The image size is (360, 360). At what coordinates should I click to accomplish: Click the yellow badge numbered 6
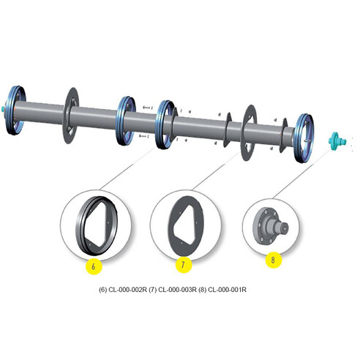coord(94,266)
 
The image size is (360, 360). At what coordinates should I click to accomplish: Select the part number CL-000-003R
coord(177,288)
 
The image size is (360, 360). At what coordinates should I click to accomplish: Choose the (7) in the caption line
coord(153,288)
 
